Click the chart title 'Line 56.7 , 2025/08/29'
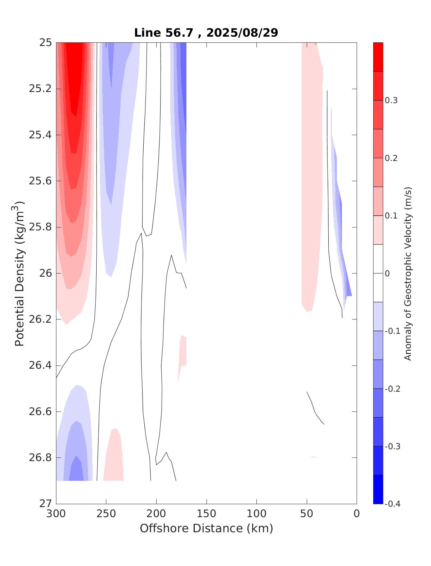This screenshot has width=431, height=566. [206, 33]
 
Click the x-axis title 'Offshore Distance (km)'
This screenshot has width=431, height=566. [206, 528]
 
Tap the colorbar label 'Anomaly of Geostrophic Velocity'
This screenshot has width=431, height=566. [408, 273]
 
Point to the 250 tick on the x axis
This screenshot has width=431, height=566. [106, 514]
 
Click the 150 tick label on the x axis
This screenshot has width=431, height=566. [207, 514]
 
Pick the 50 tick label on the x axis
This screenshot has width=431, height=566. [307, 514]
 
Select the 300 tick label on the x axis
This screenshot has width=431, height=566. [56, 514]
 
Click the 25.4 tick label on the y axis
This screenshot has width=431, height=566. [40, 135]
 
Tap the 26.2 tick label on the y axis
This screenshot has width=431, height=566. [40, 319]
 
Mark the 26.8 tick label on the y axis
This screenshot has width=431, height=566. [40, 458]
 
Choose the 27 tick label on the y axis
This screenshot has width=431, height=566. [45, 504]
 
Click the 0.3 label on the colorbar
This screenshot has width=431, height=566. [391, 100]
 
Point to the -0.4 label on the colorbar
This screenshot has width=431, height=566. [392, 504]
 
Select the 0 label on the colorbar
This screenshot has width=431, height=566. [387, 273]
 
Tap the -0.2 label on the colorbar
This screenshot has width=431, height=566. [392, 389]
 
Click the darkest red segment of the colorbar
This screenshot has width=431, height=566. [378, 57]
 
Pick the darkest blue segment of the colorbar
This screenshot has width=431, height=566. [378, 489]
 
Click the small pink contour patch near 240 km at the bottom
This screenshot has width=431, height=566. [114, 456]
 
